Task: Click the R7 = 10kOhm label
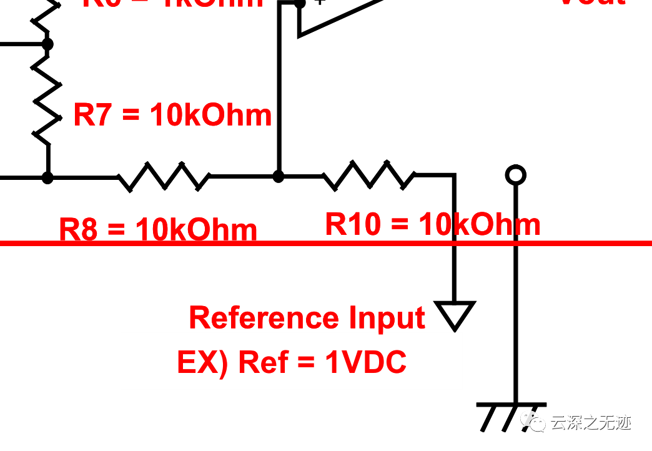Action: [172, 116]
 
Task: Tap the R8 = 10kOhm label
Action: [158, 230]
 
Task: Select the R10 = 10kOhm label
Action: [433, 224]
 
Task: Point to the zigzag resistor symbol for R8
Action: [164, 177]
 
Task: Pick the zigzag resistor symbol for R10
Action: [369, 176]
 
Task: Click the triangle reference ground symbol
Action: [455, 314]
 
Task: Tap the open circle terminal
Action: [515, 175]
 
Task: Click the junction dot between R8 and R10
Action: [279, 177]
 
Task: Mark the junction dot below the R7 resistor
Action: [47, 177]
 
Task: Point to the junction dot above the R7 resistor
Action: [47, 44]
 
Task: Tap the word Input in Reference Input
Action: [387, 318]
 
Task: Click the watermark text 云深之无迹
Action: [590, 423]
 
